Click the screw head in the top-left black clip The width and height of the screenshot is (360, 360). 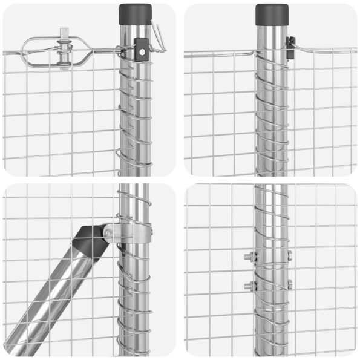142,52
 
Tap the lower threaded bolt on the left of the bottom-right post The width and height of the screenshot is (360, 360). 249,285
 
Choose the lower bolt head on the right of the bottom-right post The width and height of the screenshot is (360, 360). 290,284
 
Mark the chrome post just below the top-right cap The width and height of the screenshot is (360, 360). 272,36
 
